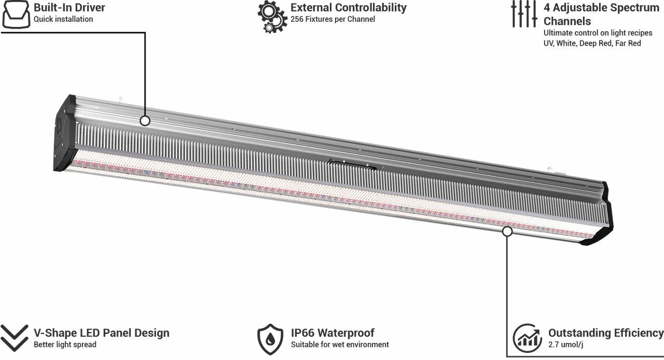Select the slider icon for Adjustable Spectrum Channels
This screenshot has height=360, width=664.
(523, 13)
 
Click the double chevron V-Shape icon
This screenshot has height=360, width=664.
(14, 338)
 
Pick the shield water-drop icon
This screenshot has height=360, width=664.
(270, 339)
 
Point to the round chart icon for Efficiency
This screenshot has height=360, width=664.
(528, 338)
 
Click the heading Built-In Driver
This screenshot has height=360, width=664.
(70, 8)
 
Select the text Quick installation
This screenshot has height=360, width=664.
(63, 19)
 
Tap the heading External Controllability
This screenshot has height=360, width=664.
(349, 8)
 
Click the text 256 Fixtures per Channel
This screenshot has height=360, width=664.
(333, 19)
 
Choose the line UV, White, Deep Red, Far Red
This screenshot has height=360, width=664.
(592, 44)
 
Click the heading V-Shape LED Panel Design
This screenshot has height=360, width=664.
(102, 333)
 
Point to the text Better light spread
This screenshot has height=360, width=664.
(65, 344)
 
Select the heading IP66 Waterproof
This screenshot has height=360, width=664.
(333, 333)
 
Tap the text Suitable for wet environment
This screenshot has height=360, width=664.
(340, 344)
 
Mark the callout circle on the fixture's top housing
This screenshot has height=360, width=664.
(145, 121)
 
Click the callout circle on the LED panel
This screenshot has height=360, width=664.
(507, 231)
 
